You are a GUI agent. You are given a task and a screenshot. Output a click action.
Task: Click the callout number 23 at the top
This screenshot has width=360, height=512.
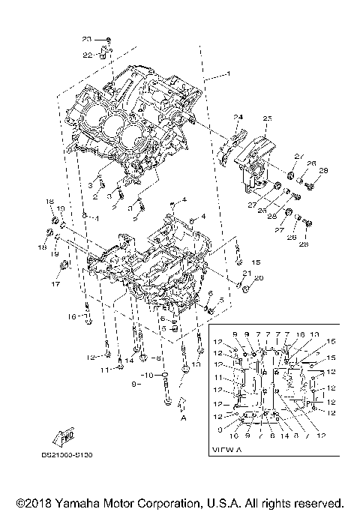tap(85, 38)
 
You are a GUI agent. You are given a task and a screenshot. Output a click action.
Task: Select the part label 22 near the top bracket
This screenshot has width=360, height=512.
tap(86, 54)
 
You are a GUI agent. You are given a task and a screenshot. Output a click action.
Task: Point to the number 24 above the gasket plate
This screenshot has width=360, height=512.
tap(238, 117)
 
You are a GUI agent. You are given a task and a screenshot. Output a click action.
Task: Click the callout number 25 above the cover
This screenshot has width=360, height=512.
tap(267, 118)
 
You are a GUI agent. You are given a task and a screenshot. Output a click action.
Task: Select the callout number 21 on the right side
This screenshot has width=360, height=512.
tap(246, 272)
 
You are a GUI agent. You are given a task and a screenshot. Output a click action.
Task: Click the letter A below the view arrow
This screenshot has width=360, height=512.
tap(182, 420)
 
